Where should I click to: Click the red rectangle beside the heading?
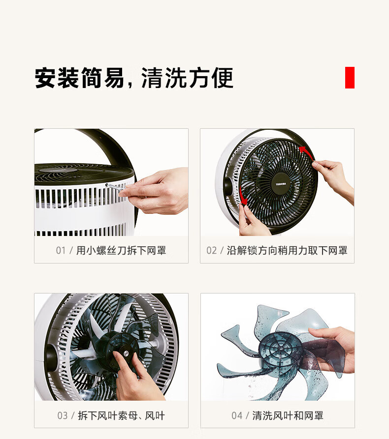tap(350, 78)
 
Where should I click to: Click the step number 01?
tap(61, 250)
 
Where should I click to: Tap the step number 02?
tap(211, 250)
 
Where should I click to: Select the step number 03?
tap(62, 415)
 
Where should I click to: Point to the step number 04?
tap(237, 415)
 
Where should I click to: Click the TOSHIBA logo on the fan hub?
tap(281, 184)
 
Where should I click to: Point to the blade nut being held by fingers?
tap(126, 353)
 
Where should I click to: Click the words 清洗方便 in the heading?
tap(187, 78)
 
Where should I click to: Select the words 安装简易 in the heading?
tap(79, 78)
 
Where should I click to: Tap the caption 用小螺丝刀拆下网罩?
tap(121, 250)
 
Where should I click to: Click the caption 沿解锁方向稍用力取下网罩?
tap(287, 250)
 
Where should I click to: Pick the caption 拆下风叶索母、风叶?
tap(121, 415)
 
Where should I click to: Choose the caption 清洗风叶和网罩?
tap(288, 415)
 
